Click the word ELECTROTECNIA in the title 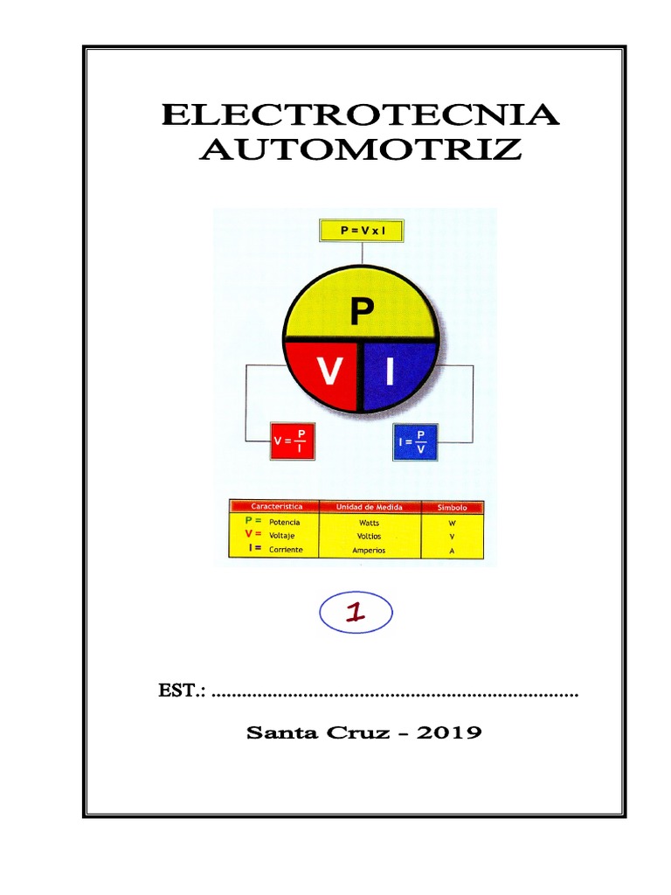[360, 116]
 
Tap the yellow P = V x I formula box [359, 231]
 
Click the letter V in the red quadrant [329, 373]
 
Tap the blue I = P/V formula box [421, 441]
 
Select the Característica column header [276, 507]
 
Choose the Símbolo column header [452, 507]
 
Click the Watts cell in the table [369, 522]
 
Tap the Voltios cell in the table [369, 536]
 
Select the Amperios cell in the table [369, 551]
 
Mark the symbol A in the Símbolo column [452, 551]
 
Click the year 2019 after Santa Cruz [449, 732]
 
